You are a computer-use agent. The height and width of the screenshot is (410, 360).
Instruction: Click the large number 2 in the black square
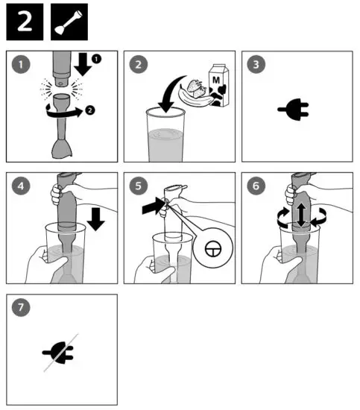pos(25,22)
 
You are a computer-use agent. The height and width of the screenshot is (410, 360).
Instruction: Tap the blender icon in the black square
pos(69,22)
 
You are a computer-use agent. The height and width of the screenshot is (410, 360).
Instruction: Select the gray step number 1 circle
pos(21,64)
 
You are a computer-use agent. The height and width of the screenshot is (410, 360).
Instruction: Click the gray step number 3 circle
pos(256,64)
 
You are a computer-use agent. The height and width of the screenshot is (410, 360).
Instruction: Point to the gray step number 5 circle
pos(139,186)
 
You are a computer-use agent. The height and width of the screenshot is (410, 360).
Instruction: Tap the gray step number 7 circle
pos(21,307)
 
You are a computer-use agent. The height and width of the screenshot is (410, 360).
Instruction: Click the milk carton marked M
pos(218,86)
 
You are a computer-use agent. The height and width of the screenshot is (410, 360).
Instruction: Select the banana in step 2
pos(197,99)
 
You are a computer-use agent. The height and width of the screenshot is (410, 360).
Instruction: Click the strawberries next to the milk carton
pos(197,89)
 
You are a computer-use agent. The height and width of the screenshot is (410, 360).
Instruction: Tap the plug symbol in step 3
pos(294,110)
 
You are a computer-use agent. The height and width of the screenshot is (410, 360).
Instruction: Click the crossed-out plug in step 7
pos(59,353)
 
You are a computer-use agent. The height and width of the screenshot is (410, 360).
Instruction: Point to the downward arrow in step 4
pos(95,219)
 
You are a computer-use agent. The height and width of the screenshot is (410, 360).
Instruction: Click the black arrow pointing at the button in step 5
pos(153,206)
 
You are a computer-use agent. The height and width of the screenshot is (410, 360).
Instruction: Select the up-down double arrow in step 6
pos(301,215)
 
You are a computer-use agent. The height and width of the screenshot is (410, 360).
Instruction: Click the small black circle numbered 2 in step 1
pos(89,110)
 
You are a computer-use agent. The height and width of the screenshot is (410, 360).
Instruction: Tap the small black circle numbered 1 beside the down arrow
pos(96,59)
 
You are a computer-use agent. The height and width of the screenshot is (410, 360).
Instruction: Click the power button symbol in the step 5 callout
pos(213,248)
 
